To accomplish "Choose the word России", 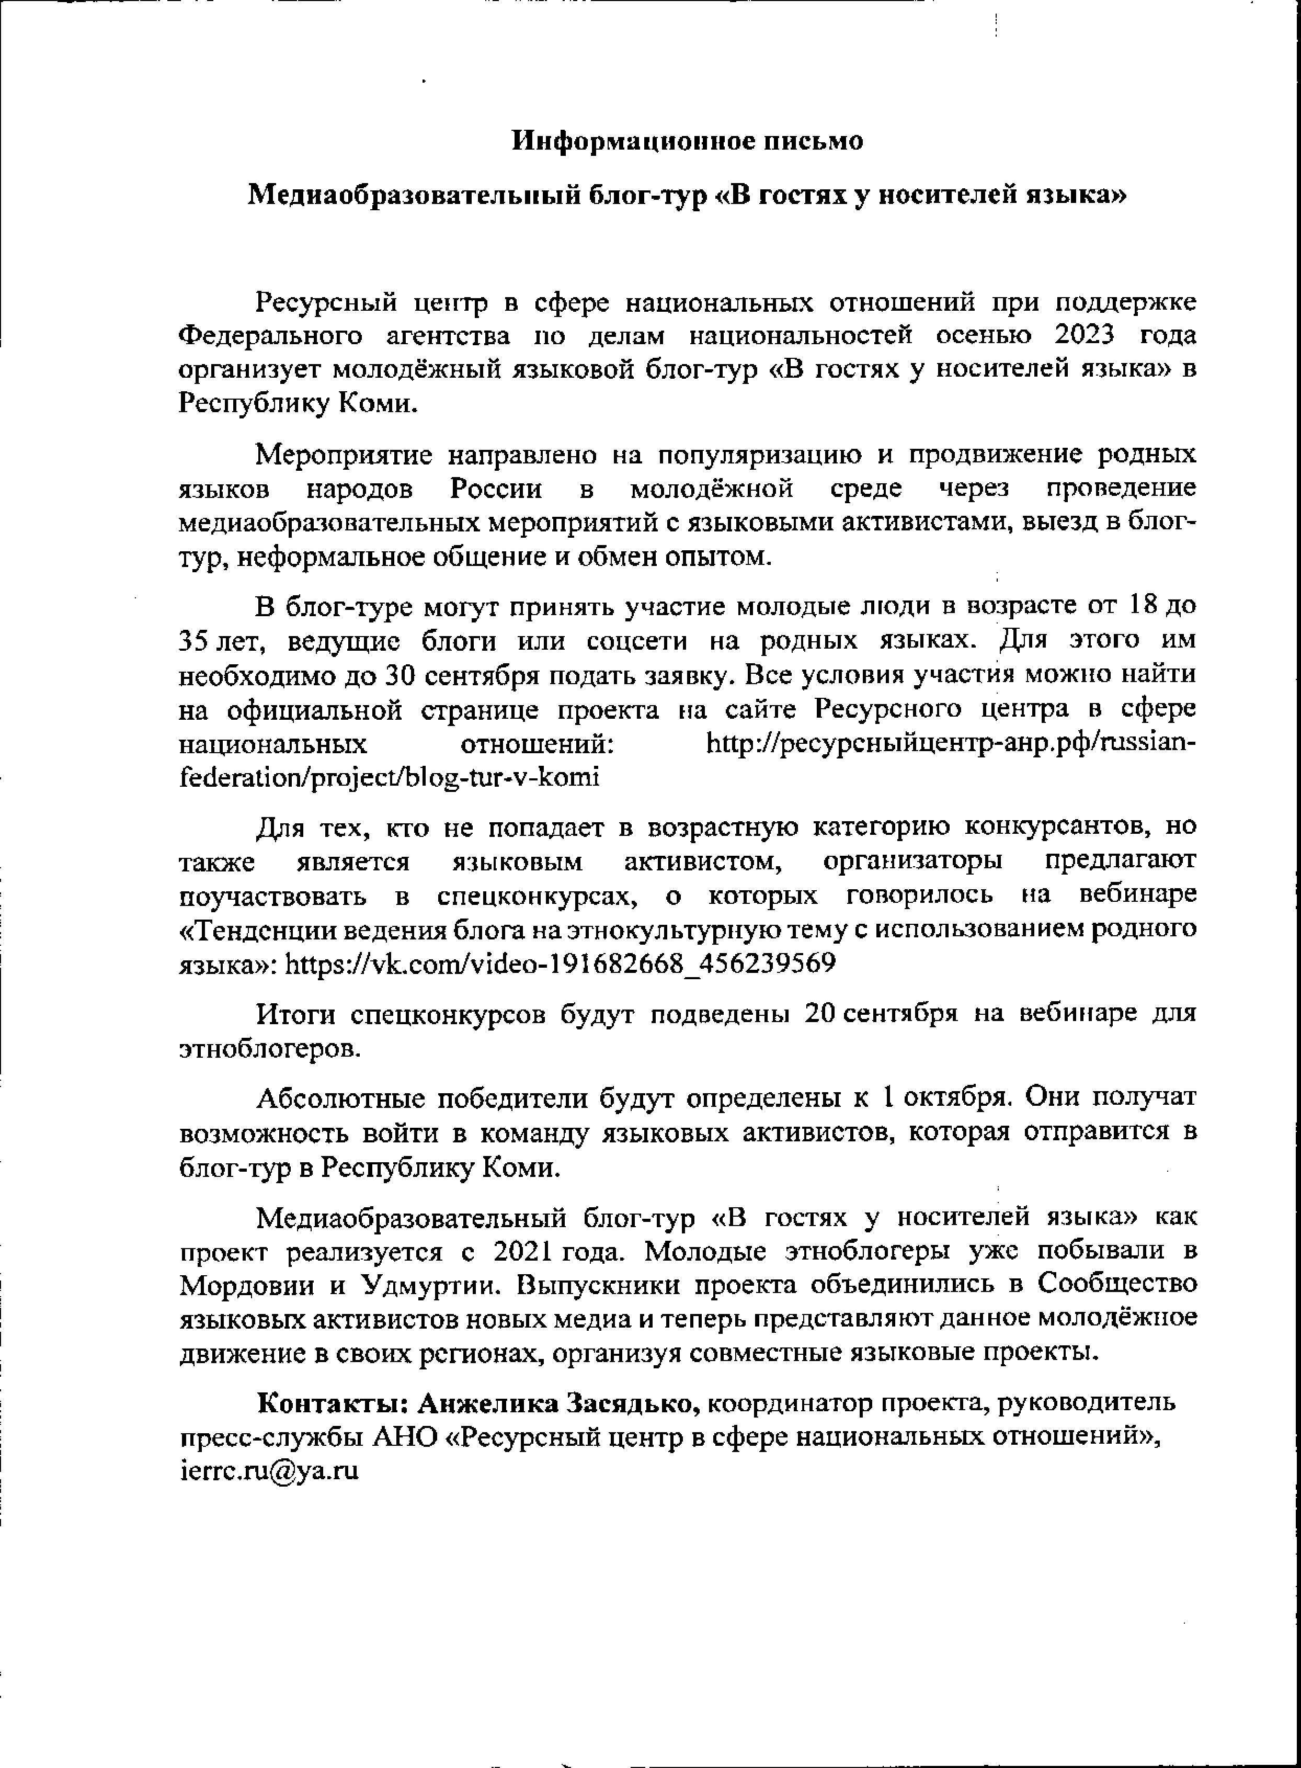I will click(x=497, y=489).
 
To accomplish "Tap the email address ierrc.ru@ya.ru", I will click(x=269, y=1471).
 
